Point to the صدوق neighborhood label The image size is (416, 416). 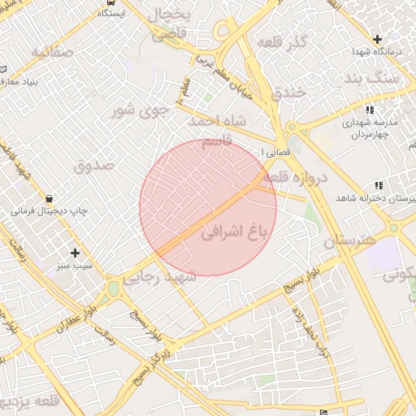coord(94,165)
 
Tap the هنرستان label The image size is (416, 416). coord(351,241)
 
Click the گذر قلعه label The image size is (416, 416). coord(281,41)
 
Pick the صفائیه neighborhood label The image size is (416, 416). coord(53,52)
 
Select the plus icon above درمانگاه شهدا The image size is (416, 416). coord(377,39)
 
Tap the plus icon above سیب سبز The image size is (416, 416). coord(75,253)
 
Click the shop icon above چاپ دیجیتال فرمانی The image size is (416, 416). coord(50,198)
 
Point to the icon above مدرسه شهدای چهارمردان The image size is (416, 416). coord(370,110)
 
